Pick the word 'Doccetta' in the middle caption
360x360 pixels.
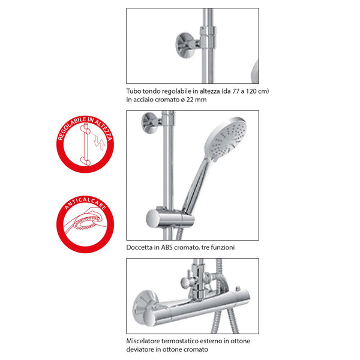[x=141, y=247]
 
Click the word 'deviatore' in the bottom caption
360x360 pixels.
[x=142, y=349]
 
